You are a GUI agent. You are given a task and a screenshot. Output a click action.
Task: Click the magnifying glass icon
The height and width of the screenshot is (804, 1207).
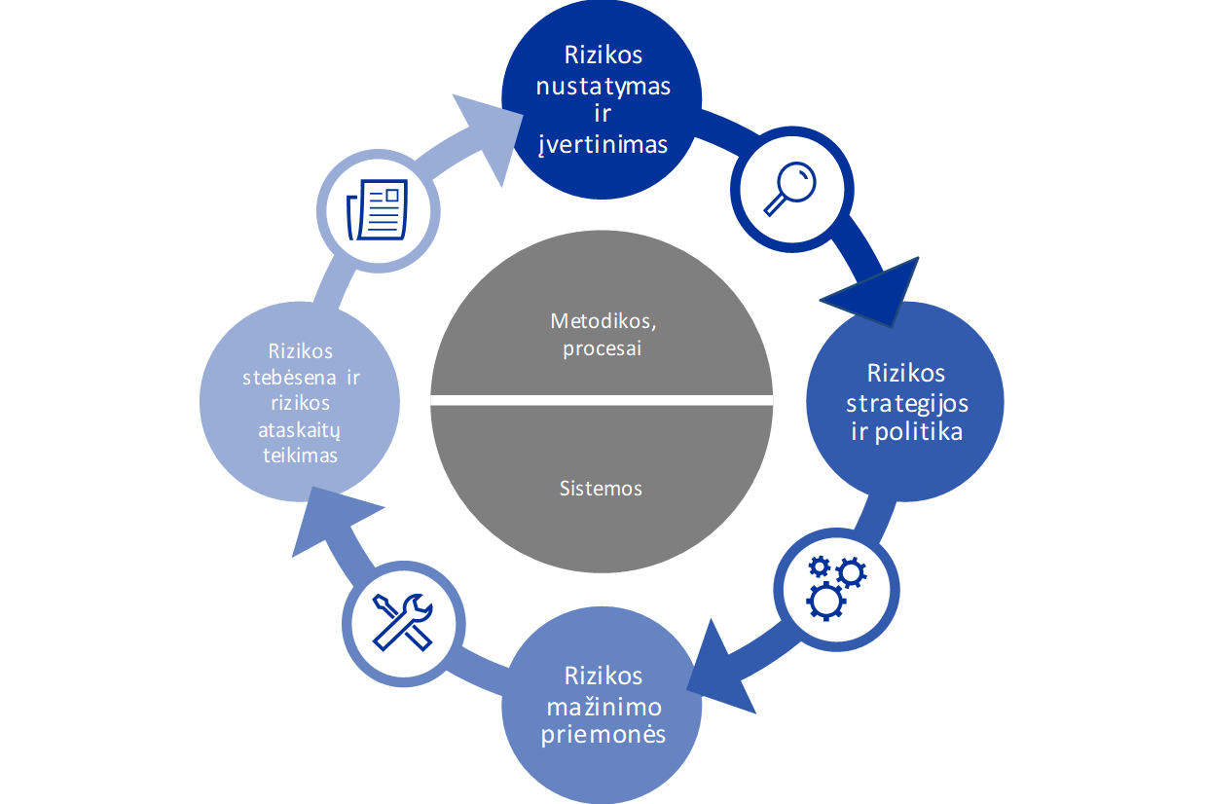click(x=789, y=190)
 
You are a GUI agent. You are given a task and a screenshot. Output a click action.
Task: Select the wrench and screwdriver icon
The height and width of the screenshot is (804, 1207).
click(x=403, y=623)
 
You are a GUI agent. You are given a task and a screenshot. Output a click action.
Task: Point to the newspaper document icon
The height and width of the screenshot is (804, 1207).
click(x=378, y=209)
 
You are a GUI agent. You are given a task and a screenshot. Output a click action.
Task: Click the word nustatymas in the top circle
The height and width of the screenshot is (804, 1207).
click(x=603, y=86)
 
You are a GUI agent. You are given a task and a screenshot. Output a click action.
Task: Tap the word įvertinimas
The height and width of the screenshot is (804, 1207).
click(x=603, y=144)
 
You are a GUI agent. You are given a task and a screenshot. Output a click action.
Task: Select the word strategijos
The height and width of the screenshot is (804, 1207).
click(x=906, y=402)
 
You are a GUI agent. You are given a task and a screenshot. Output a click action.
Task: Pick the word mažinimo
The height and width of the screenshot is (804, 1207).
click(x=603, y=705)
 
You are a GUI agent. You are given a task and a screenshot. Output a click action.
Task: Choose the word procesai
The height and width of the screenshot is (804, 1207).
click(x=602, y=348)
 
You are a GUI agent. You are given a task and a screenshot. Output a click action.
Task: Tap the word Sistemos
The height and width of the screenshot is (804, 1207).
click(x=601, y=489)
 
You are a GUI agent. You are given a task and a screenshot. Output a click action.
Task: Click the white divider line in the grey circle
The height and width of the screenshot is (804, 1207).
click(x=602, y=400)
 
